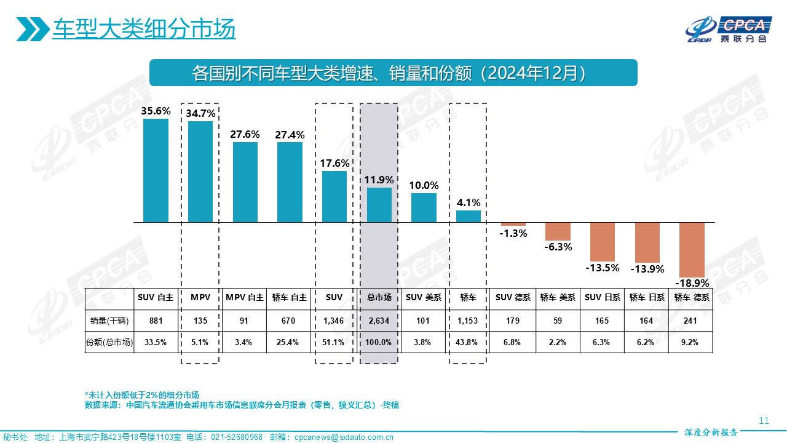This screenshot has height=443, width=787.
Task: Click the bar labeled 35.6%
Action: click(x=156, y=170)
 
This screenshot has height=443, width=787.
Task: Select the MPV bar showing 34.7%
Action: click(x=200, y=172)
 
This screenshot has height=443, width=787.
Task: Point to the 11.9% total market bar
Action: click(x=379, y=205)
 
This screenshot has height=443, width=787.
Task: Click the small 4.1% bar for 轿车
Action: click(x=469, y=216)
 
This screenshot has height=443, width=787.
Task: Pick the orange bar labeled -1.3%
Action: click(x=513, y=224)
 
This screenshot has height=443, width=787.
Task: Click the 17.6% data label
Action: click(x=334, y=164)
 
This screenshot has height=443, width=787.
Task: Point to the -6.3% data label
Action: click(x=558, y=247)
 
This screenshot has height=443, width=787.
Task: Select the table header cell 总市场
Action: click(x=379, y=297)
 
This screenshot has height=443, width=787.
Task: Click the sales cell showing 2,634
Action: click(x=379, y=321)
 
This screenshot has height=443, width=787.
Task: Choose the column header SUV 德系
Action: click(x=513, y=297)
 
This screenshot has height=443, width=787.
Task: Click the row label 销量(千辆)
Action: click(x=109, y=321)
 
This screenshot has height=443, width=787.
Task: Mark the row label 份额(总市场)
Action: click(x=109, y=342)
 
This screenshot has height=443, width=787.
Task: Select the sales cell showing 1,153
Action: click(x=469, y=321)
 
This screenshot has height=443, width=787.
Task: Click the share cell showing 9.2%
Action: click(x=691, y=342)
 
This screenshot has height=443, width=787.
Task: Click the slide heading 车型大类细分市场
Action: click(x=144, y=29)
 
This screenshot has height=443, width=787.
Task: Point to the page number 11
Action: click(x=764, y=421)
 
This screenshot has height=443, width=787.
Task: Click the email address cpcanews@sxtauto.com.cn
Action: click(x=344, y=437)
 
